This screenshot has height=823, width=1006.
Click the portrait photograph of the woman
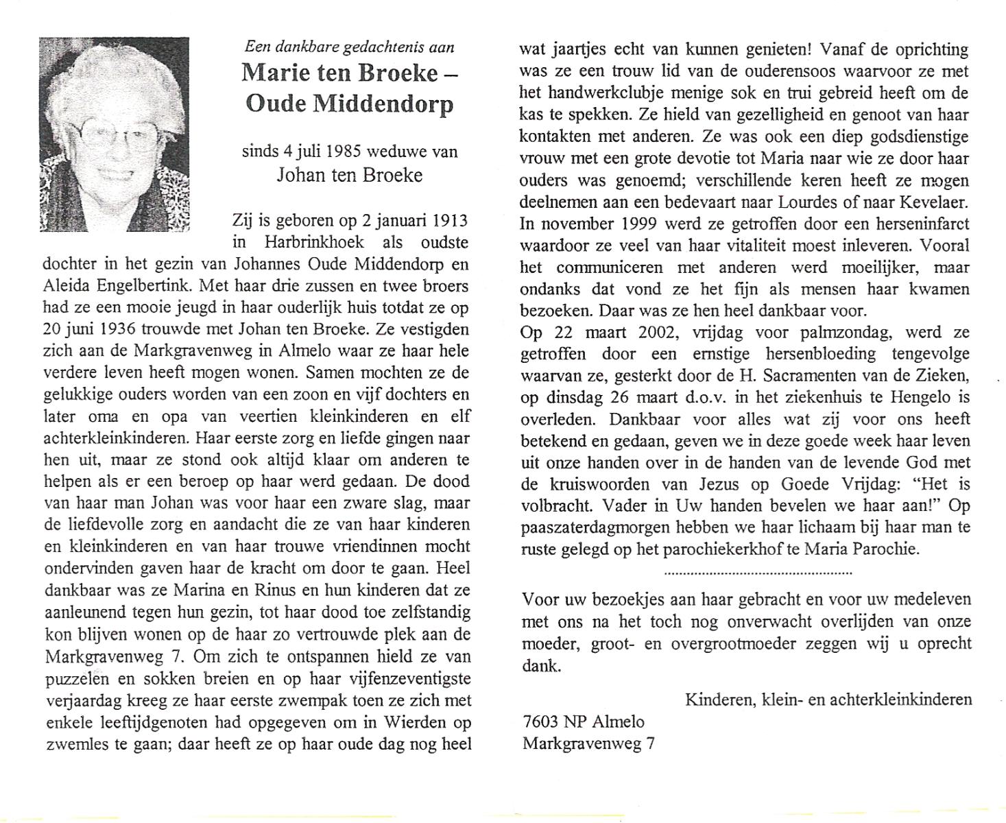pyautogui.click(x=114, y=134)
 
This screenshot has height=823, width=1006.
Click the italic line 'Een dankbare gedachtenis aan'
pyautogui.click(x=349, y=47)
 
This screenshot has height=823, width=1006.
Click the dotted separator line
pyautogui.click(x=758, y=571)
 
